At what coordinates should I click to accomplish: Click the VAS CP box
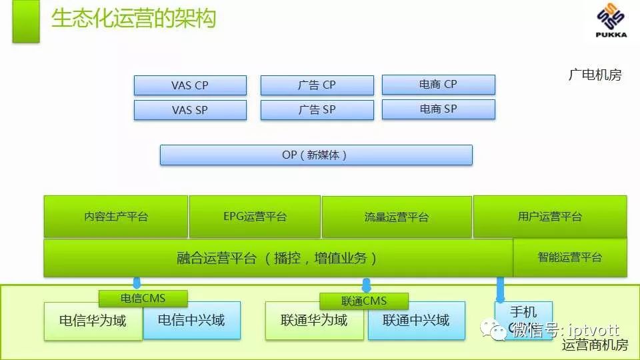coord(190,85)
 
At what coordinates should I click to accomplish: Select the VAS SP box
coord(190,110)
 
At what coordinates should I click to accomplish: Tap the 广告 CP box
coord(317,85)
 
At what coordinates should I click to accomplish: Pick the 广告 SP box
coord(317,110)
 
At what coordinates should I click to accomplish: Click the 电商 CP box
coord(438,85)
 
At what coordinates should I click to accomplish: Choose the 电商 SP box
coord(438,109)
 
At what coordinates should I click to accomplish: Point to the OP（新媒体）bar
coord(316,155)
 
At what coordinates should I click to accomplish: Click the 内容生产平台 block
coord(116,217)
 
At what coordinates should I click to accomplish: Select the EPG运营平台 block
coord(255,217)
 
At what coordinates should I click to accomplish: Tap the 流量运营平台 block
coord(397,217)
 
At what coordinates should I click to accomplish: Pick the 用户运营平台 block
coord(550,217)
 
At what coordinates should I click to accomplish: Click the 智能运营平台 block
coord(570,257)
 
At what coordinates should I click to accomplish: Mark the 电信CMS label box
coord(143,299)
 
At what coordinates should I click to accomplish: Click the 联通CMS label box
coord(363,301)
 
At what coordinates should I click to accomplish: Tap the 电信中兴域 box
coord(191,321)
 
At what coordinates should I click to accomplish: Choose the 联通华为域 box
coord(315,321)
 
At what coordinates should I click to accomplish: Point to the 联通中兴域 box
coord(417,321)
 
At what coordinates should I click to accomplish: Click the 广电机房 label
coord(595,75)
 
